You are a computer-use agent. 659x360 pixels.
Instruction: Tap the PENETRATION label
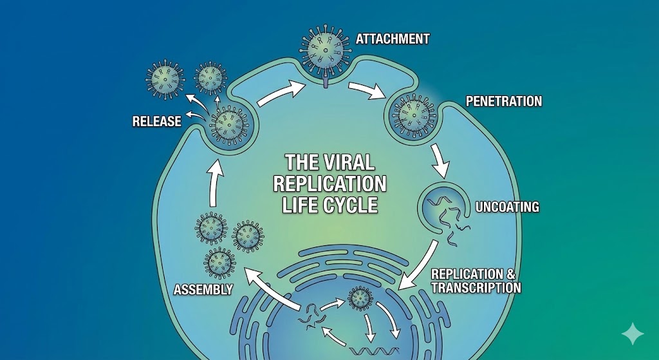click(504, 101)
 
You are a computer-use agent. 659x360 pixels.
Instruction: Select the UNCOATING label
click(506, 207)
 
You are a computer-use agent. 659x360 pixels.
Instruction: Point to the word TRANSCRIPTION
click(476, 288)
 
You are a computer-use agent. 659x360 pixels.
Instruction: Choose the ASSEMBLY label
click(203, 290)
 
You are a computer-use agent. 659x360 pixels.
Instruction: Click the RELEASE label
click(156, 120)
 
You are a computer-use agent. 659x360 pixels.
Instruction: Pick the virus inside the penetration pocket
click(411, 116)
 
